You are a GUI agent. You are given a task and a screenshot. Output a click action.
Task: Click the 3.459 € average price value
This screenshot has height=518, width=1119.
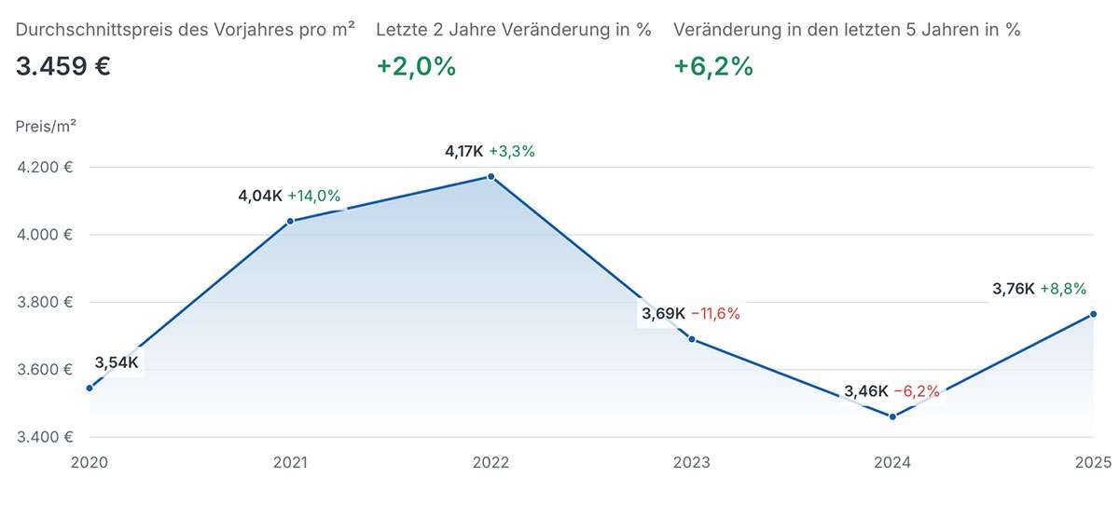(x=63, y=67)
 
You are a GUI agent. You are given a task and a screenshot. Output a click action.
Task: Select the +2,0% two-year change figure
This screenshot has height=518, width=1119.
(x=416, y=67)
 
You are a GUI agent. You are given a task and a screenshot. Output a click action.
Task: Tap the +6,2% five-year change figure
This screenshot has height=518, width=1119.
(x=713, y=67)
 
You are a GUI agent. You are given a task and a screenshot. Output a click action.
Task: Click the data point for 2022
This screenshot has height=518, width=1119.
(x=491, y=177)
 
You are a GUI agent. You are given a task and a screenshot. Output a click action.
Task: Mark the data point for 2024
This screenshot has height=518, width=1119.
(x=892, y=416)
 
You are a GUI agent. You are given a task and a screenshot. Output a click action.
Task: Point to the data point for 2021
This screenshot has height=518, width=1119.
(x=290, y=221)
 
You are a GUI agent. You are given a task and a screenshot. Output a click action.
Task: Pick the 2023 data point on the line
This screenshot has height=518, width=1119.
(x=692, y=339)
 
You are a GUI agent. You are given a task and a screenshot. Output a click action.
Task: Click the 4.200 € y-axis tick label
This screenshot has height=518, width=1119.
(x=44, y=168)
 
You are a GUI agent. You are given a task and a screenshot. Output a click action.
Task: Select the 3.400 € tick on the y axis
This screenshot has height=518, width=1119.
(x=44, y=437)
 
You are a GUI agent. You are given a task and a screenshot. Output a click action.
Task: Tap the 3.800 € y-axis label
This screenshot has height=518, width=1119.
(x=44, y=302)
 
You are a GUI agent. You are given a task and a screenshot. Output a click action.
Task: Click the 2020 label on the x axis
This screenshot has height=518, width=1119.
(x=90, y=462)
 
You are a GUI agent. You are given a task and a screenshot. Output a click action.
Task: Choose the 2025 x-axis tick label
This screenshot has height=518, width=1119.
(x=1092, y=462)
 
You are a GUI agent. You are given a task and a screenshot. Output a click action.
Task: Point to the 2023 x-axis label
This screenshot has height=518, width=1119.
(x=692, y=462)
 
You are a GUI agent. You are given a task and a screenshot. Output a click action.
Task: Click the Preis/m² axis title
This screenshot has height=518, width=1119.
(x=46, y=127)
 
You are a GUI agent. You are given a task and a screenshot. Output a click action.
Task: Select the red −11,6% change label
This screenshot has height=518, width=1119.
(x=715, y=314)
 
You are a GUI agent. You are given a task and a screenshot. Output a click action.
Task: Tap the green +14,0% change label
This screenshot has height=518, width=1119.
(x=313, y=196)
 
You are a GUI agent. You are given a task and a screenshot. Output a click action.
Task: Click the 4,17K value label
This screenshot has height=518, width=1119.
(x=463, y=151)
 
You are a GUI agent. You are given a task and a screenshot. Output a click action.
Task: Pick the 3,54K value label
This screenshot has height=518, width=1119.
(x=117, y=362)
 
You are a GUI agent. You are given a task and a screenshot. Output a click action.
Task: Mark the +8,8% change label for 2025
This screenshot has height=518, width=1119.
(x=1063, y=289)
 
